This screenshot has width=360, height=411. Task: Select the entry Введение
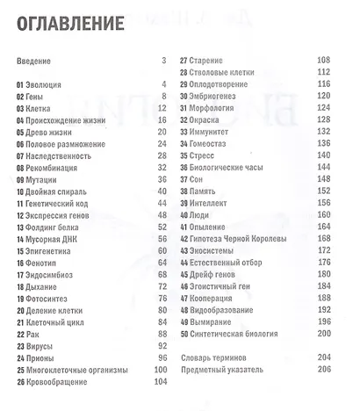(x=34, y=61)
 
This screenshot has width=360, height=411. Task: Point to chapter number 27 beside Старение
(x=184, y=61)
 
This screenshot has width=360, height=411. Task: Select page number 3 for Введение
(x=163, y=61)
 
